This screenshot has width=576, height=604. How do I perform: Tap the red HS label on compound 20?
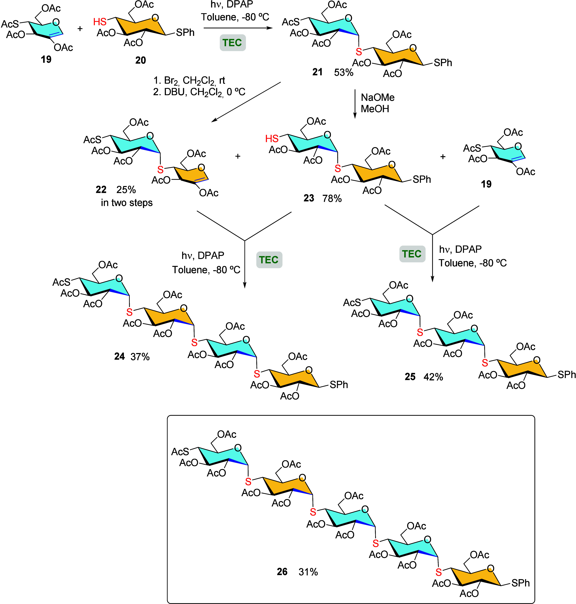click(100, 22)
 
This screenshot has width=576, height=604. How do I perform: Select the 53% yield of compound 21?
click(344, 72)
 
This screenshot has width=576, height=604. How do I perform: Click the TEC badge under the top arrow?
click(232, 43)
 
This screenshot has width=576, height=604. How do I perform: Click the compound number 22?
click(101, 190)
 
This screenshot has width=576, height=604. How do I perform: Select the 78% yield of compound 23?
click(332, 198)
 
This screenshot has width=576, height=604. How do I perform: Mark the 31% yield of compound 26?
click(308, 572)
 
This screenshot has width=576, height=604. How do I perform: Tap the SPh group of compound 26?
click(520, 583)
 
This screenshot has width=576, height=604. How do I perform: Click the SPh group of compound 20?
click(185, 33)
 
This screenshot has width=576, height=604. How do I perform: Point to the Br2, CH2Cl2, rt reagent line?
click(189, 80)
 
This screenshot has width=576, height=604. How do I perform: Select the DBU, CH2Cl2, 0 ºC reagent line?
click(199, 92)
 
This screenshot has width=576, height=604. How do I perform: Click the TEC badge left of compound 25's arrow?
click(412, 254)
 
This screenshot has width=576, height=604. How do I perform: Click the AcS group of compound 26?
click(180, 452)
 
